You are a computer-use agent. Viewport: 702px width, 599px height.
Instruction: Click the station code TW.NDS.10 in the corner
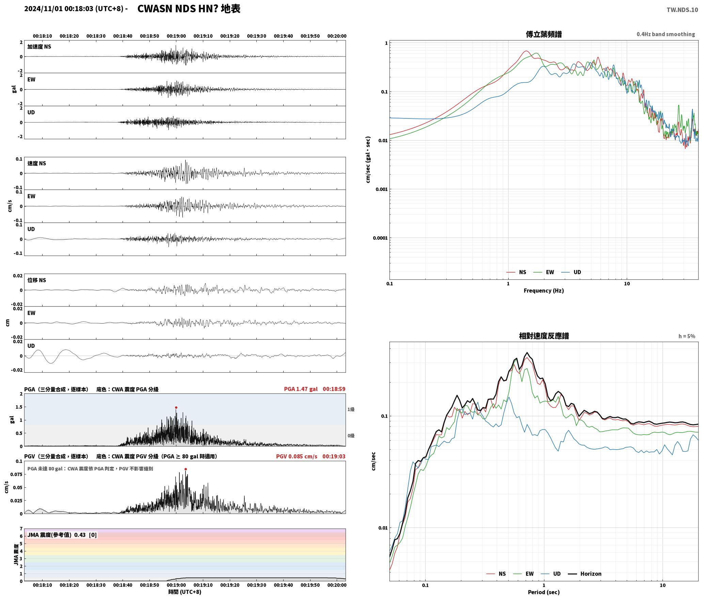click(x=682, y=10)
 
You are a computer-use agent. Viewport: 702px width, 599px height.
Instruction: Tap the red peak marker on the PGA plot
click(x=176, y=407)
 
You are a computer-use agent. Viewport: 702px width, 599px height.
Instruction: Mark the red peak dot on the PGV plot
click(x=186, y=469)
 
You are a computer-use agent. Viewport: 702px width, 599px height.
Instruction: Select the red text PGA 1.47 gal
click(x=301, y=389)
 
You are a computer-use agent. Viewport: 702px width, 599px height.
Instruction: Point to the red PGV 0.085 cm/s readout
click(x=297, y=456)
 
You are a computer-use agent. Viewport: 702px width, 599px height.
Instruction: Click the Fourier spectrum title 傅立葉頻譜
click(x=544, y=34)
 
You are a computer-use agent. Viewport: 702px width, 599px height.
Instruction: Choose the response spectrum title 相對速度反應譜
click(x=544, y=336)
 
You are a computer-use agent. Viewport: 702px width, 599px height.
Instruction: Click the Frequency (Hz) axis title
click(x=544, y=291)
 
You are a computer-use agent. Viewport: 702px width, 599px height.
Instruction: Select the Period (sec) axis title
click(x=544, y=592)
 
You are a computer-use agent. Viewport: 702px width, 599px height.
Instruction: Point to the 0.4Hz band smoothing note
click(x=666, y=34)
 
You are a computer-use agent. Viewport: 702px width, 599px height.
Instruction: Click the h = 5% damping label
click(x=687, y=336)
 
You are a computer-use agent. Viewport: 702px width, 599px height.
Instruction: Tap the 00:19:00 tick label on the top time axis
click(x=176, y=36)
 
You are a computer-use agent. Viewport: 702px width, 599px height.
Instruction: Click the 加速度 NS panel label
click(x=39, y=47)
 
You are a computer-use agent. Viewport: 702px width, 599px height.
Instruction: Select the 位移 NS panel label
click(x=37, y=280)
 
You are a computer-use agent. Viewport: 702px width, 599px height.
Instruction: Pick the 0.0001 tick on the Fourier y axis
click(x=380, y=238)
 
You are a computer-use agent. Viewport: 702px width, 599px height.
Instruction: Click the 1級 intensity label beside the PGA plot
click(x=351, y=409)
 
